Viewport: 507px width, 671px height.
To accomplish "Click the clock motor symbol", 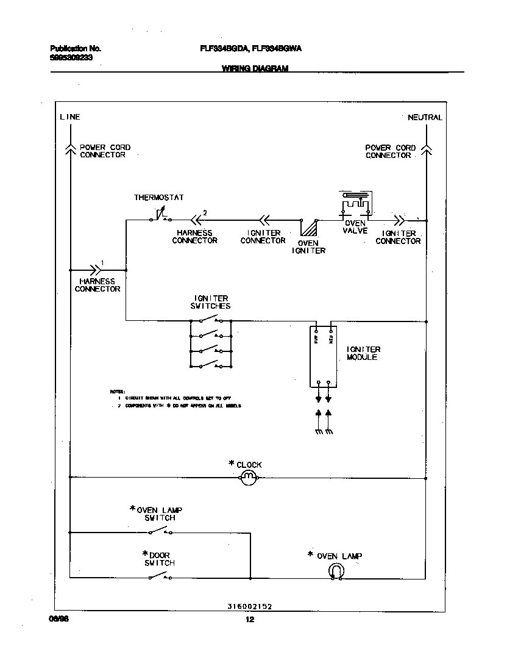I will [248, 478].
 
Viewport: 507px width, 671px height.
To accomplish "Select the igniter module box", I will [322, 356].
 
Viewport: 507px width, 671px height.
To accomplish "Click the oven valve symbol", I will [355, 205].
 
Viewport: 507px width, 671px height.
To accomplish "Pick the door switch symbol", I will [160, 576].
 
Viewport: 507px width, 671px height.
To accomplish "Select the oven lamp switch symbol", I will [160, 531].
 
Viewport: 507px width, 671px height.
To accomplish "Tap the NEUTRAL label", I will [425, 117].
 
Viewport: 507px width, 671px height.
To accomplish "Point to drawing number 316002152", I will [249, 606].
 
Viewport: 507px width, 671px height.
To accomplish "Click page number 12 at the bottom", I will [249, 620].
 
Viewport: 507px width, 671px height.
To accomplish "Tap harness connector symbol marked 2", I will [196, 220].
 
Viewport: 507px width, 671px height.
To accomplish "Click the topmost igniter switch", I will [211, 320].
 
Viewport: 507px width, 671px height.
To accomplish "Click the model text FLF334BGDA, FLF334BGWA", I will [251, 48].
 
